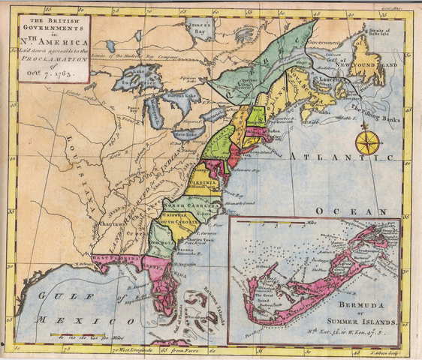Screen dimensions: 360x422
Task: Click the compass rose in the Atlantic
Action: (x=367, y=142)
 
